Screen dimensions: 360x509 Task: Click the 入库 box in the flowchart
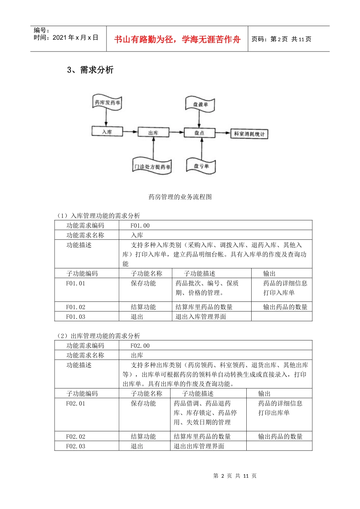click(x=107, y=131)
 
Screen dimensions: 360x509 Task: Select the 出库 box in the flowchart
click(x=153, y=133)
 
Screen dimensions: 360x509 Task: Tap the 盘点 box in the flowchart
click(x=199, y=133)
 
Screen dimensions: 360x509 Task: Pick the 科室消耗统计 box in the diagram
click(x=249, y=134)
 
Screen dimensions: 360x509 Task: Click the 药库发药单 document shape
click(x=107, y=103)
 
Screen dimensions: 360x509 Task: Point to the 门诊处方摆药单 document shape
click(x=152, y=166)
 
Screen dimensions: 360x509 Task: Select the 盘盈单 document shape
click(x=200, y=104)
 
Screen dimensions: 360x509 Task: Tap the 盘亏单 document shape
click(x=201, y=166)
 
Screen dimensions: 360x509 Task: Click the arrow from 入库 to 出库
click(x=130, y=132)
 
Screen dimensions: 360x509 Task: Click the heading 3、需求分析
click(x=90, y=70)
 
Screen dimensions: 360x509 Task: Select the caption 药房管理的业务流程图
click(x=180, y=197)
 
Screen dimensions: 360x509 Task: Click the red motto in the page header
click(x=177, y=39)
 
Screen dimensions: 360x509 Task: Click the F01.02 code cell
click(x=76, y=307)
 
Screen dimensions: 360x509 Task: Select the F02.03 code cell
click(x=76, y=446)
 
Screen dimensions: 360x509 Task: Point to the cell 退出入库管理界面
click(x=201, y=317)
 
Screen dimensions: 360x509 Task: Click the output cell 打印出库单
click(x=274, y=413)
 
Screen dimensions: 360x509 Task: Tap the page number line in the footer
click(x=235, y=476)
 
